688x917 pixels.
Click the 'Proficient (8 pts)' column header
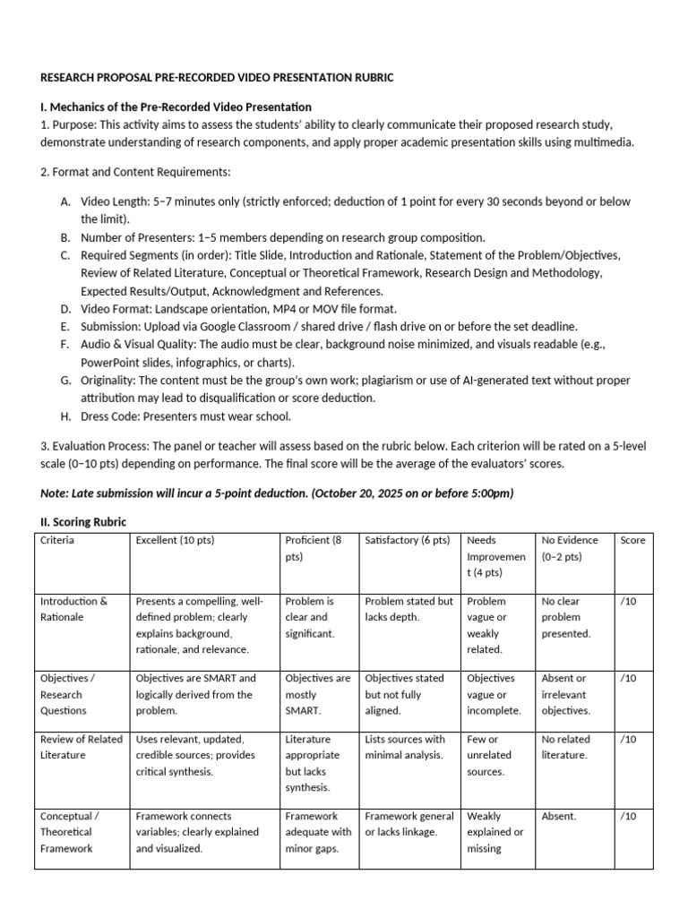313,548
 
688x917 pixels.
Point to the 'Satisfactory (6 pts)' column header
408,541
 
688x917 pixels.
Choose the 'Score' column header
632,541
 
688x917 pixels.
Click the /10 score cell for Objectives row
628,679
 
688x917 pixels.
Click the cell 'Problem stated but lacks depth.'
408,609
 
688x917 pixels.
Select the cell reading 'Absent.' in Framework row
559,817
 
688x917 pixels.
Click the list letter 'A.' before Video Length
66,202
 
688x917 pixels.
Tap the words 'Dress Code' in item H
110,416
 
